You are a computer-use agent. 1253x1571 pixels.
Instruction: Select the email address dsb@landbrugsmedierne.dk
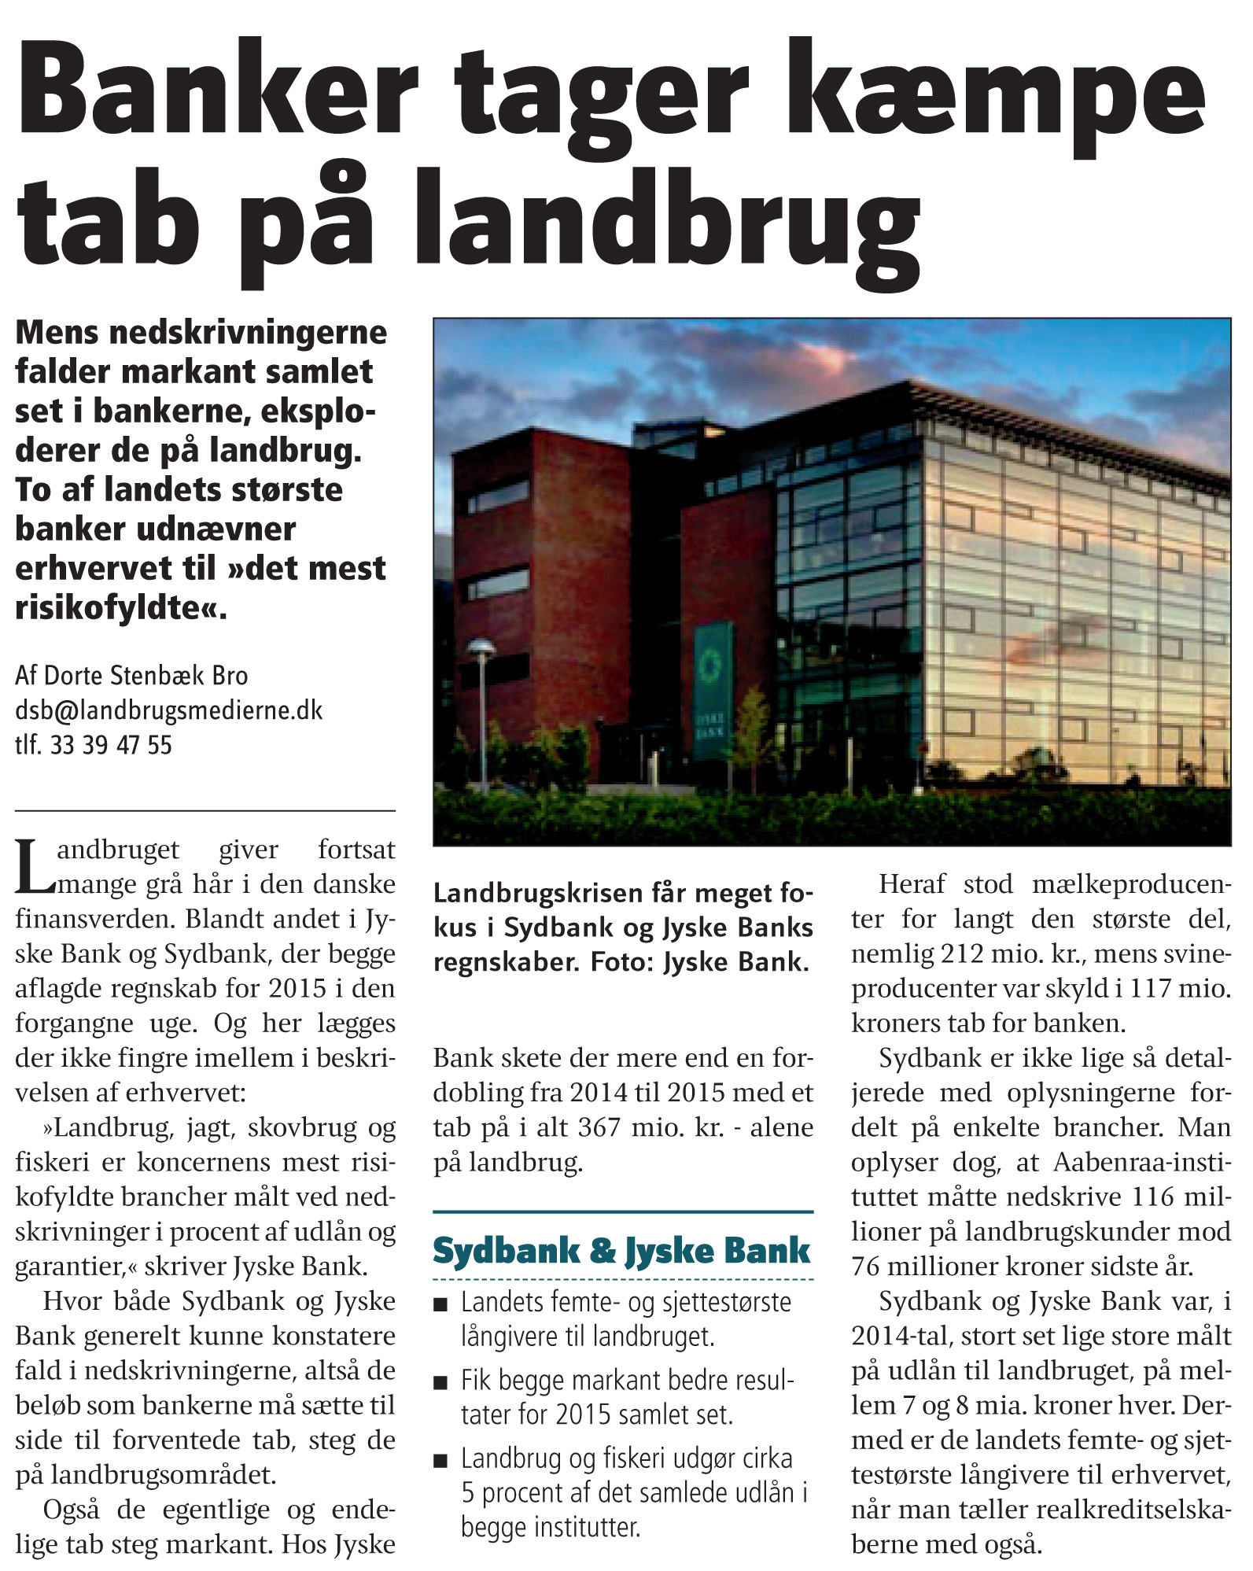(x=168, y=710)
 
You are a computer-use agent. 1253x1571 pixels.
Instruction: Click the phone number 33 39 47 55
(x=111, y=745)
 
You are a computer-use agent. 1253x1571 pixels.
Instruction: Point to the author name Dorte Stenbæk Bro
(x=146, y=676)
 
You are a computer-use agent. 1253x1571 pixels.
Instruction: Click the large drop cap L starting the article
(x=35, y=868)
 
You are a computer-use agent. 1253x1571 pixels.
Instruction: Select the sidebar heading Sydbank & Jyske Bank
(x=621, y=1251)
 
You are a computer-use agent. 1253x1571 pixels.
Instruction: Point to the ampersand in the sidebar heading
(x=603, y=1251)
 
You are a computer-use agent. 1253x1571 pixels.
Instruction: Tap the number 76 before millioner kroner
(x=865, y=1267)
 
